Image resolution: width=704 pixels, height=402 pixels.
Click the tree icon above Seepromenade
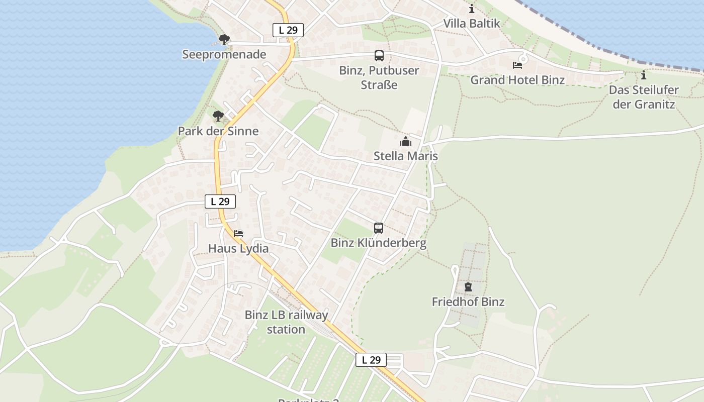[x=224, y=39]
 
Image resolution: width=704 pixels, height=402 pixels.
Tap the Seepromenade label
[x=224, y=54]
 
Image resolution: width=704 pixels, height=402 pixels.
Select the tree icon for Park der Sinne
[x=218, y=116]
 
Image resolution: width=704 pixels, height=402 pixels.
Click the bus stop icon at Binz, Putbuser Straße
[x=379, y=56]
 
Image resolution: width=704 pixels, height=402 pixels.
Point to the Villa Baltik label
[x=472, y=23]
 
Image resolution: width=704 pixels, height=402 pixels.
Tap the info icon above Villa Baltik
[x=472, y=9]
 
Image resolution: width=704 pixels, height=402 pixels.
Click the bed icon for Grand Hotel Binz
[x=517, y=65]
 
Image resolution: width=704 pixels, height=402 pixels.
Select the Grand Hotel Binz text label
[x=517, y=79]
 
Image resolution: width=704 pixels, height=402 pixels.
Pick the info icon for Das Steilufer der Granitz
[x=644, y=75]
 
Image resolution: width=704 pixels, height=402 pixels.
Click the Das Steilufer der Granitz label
[x=644, y=97]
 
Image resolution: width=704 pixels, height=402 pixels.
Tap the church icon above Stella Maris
[x=406, y=141]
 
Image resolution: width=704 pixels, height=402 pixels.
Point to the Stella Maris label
[x=406, y=156]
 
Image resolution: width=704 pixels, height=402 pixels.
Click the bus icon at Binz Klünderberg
[x=379, y=228]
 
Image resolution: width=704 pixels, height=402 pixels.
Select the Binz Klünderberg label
[x=379, y=243]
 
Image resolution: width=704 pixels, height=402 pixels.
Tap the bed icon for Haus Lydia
[x=238, y=234]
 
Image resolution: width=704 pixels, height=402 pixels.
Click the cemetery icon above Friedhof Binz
[x=468, y=287]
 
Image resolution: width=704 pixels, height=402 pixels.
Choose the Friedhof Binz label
[x=468, y=301]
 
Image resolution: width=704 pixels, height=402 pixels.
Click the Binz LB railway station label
[x=286, y=322]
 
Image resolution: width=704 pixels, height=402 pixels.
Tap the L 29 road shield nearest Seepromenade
[x=288, y=30]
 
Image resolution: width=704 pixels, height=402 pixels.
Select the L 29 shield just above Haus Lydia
[x=220, y=202]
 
